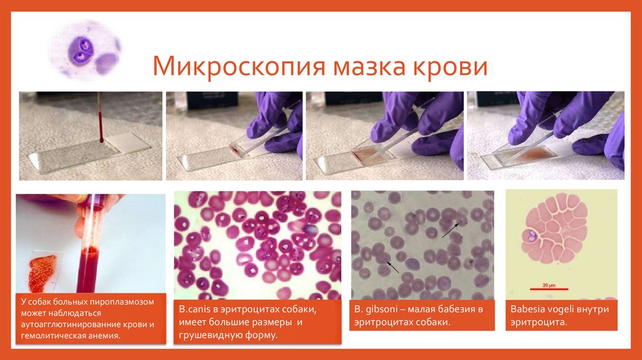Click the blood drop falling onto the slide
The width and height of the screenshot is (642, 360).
tap(100, 134)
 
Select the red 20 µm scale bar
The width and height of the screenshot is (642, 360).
tap(545, 289)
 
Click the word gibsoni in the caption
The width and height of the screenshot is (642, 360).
tap(385, 309)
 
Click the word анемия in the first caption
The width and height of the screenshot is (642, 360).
tap(102, 336)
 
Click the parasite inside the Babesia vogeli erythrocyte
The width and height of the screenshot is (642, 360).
tap(530, 238)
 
